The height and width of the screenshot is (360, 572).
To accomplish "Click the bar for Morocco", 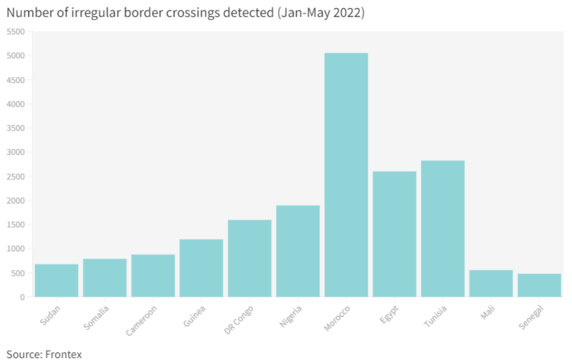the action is (x=346, y=175).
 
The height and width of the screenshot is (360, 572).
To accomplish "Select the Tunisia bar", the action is (x=443, y=228).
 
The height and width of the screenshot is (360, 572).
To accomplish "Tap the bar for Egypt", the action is (x=394, y=234).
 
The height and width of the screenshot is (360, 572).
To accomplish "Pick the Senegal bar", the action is (x=539, y=285).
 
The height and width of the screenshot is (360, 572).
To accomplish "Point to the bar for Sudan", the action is (x=56, y=281).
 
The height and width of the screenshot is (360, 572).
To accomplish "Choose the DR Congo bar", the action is (x=250, y=259).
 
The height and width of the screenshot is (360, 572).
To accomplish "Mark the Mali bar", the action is (x=491, y=283).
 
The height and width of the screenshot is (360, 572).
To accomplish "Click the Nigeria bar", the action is (x=298, y=251).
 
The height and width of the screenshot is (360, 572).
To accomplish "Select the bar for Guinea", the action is (x=202, y=268).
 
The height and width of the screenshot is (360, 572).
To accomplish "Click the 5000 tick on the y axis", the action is (x=15, y=56).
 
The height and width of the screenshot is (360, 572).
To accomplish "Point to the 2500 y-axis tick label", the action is (x=15, y=177).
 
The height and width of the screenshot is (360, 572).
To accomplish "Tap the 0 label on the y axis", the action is (x=23, y=298).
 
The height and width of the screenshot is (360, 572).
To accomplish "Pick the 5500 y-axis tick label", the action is (x=15, y=32).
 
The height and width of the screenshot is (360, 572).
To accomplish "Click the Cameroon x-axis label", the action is (x=141, y=320).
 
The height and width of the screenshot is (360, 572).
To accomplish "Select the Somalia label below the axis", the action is (x=96, y=318).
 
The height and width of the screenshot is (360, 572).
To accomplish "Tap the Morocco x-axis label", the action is (x=337, y=318).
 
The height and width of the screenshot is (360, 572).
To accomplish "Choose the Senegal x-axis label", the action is (x=531, y=317).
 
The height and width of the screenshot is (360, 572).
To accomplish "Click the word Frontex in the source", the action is (x=63, y=354).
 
